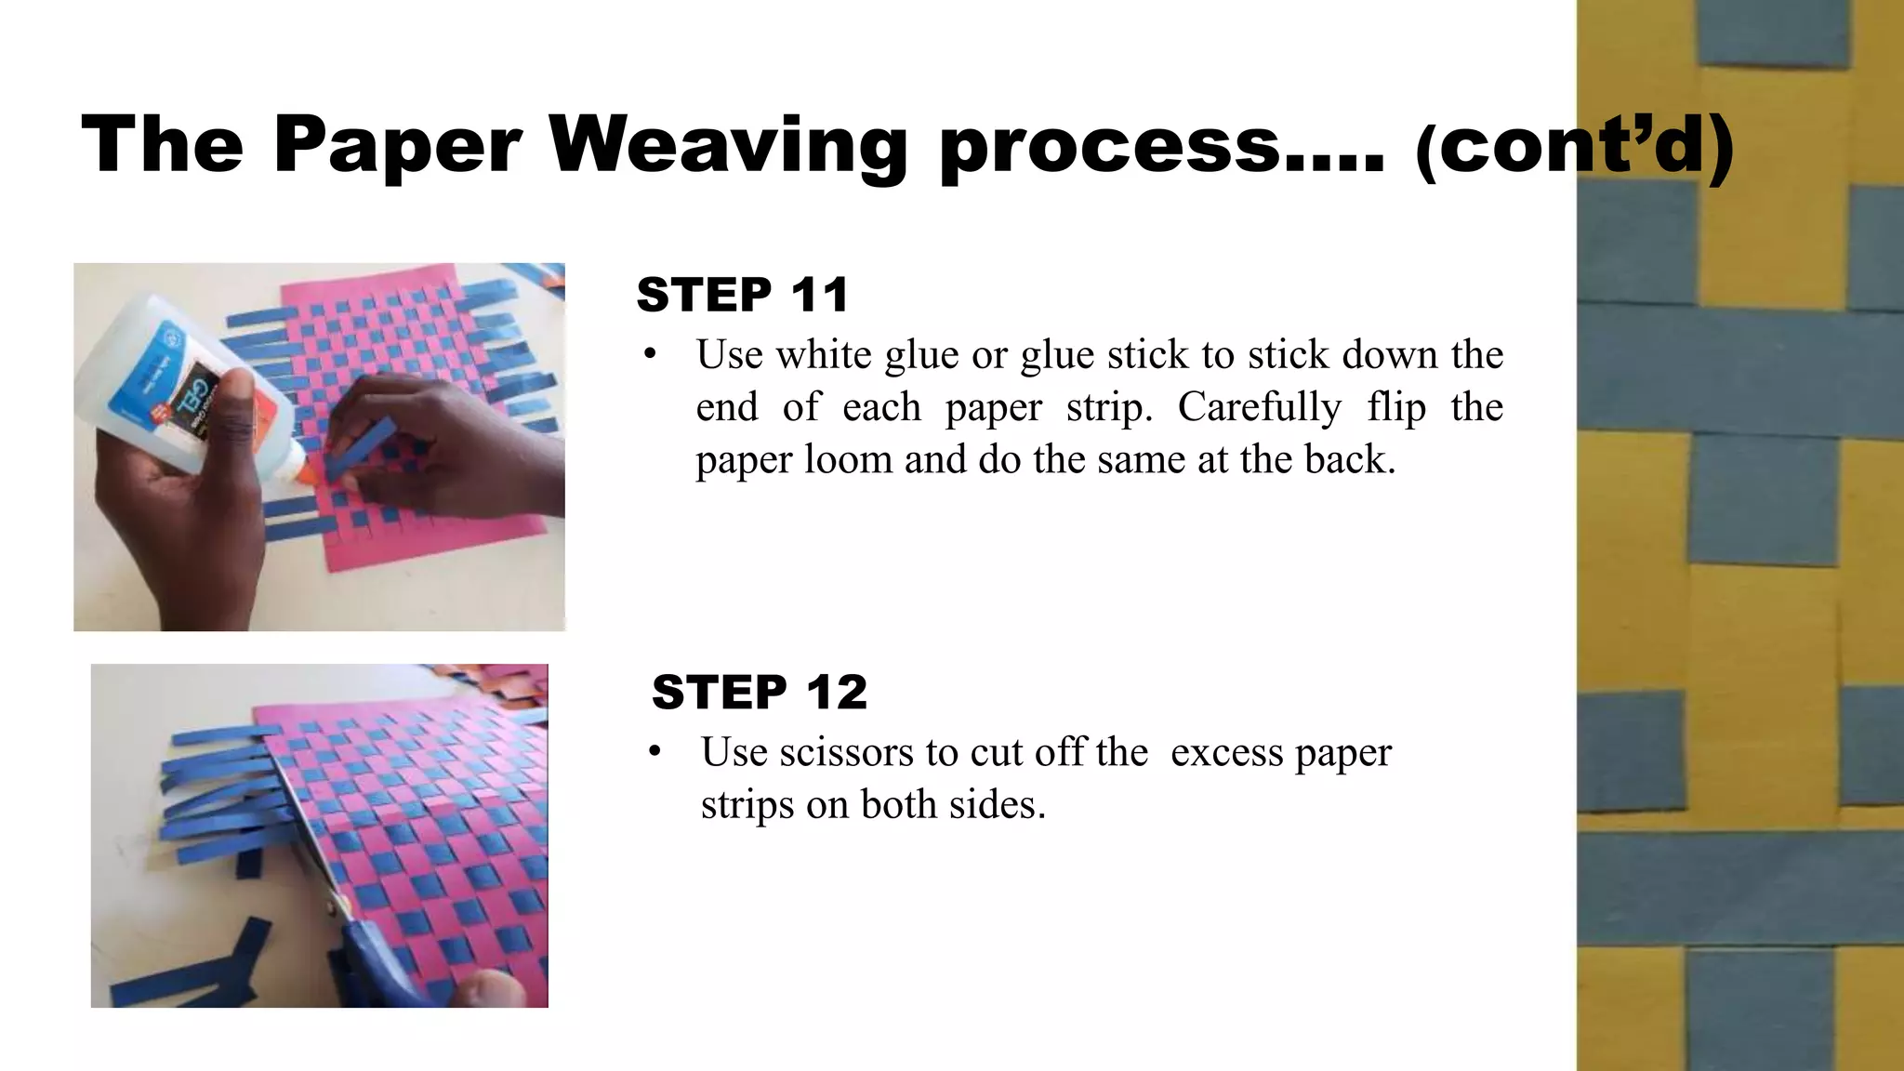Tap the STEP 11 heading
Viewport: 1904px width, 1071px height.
743,295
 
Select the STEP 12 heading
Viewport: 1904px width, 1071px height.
759,693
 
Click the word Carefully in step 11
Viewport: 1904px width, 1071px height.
1259,407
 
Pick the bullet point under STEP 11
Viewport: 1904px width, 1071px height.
650,355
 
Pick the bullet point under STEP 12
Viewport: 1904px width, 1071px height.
655,752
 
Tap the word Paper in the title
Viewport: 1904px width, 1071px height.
397,146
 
